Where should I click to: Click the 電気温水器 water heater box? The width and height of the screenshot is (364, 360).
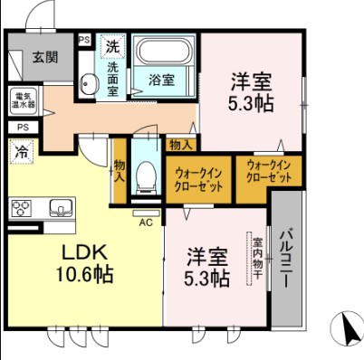coord(24,99)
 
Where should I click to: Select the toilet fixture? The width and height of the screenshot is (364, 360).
coord(144,176)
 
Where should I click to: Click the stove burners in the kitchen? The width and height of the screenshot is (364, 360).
coord(22,208)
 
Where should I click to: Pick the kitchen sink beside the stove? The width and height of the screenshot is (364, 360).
coord(59,208)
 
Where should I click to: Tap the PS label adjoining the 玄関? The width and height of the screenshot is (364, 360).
coord(83,40)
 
